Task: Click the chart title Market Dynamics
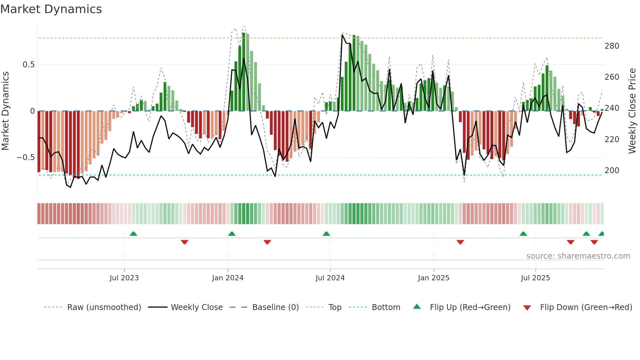(x=51, y=9)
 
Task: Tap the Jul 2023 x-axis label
(x=124, y=278)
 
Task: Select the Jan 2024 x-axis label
(x=228, y=278)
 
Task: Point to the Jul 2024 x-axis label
(x=330, y=278)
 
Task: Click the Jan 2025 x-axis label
(x=434, y=278)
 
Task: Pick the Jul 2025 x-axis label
(x=536, y=278)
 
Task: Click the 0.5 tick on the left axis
(x=29, y=65)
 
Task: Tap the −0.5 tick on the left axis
(x=26, y=157)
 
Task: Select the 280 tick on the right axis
(x=612, y=46)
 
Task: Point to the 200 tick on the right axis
(x=612, y=171)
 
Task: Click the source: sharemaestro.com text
(x=578, y=256)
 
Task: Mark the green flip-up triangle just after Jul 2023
(x=133, y=234)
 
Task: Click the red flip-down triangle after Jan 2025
(x=460, y=242)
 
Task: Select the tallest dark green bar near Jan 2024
(x=244, y=72)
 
